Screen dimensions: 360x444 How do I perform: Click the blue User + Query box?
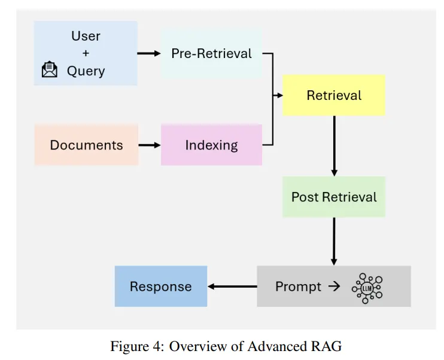click(86, 53)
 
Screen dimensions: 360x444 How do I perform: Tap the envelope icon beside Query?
click(50, 71)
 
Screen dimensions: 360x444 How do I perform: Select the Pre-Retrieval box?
click(211, 53)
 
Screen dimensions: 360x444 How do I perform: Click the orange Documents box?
click(86, 145)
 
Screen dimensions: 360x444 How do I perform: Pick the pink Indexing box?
click(211, 145)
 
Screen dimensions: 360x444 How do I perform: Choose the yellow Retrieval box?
click(334, 95)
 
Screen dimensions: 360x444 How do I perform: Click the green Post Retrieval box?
click(334, 197)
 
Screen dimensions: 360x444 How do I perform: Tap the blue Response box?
click(161, 286)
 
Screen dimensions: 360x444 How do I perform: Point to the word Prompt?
click(298, 286)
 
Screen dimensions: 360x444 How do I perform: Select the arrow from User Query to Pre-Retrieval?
click(149, 53)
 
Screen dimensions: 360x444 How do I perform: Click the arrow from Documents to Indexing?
click(149, 145)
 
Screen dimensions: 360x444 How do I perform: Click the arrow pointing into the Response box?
click(232, 286)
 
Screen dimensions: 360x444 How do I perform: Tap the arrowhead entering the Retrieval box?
click(279, 95)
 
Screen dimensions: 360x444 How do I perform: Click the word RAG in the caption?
click(327, 346)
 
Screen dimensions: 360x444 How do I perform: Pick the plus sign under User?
click(86, 53)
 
